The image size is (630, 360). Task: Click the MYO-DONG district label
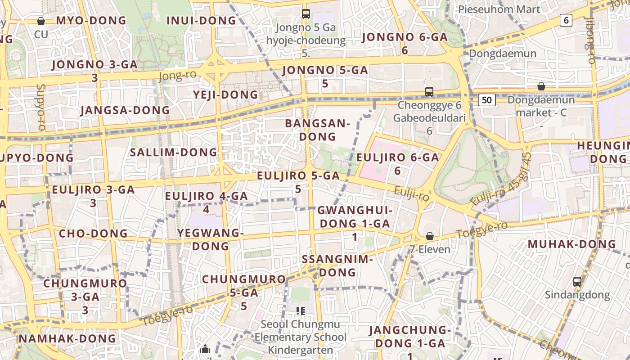(91, 20)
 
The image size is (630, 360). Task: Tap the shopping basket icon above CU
(41, 21)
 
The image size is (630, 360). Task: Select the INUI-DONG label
(201, 20)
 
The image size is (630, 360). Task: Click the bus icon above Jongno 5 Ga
(306, 13)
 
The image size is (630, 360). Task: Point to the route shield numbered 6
(566, 20)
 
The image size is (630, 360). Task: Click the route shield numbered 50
(487, 99)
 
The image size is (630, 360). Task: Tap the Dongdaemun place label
(503, 54)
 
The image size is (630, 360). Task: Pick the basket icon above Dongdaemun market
(541, 86)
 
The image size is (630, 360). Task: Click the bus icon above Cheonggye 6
(429, 92)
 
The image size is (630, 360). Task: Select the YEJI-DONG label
(225, 94)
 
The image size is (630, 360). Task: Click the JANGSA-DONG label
(125, 110)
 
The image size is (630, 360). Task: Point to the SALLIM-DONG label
(174, 152)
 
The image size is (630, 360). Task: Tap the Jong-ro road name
(177, 75)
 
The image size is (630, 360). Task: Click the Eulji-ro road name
(411, 194)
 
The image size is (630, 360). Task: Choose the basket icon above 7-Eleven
(430, 236)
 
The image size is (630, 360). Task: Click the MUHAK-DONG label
(571, 244)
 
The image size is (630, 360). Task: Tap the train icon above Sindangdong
(577, 282)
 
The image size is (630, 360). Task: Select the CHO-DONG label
(93, 234)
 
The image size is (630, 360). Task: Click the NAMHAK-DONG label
(67, 338)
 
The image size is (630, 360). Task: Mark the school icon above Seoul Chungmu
(301, 310)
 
